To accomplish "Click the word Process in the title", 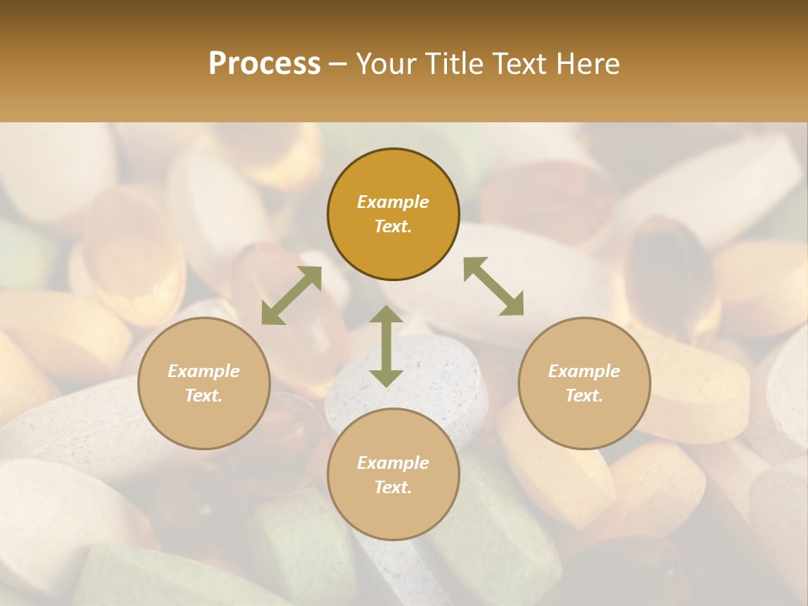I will [264, 64].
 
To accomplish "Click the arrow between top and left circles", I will [291, 295].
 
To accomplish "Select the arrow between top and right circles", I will [493, 286].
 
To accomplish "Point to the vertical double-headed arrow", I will [386, 346].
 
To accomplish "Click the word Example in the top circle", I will [393, 202].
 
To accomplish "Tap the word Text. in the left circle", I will [204, 396].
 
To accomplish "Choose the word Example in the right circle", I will [584, 371].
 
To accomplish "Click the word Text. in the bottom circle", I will [393, 487].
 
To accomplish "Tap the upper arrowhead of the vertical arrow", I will [386, 315].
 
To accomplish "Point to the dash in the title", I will [338, 64].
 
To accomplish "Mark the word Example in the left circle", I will [204, 371].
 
